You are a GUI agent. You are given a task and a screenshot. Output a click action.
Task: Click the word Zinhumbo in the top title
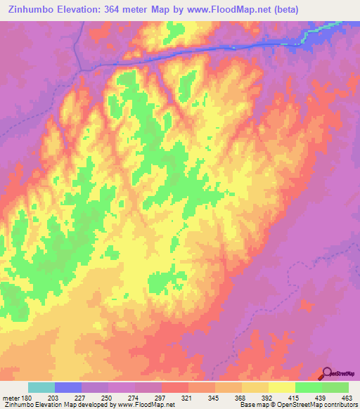click(x=29, y=10)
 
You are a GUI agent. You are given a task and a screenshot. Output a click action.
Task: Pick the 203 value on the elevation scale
click(x=52, y=398)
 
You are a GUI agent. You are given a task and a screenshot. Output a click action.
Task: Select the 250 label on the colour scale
click(x=105, y=398)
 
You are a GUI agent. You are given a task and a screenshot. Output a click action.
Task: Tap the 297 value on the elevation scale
click(x=160, y=398)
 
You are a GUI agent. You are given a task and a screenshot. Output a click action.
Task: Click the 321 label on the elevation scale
click(x=186, y=398)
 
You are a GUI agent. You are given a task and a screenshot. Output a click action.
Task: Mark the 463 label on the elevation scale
click(x=347, y=398)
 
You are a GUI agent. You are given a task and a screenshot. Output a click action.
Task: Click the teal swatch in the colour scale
click(x=41, y=387)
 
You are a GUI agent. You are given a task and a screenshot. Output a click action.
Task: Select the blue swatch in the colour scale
click(x=68, y=387)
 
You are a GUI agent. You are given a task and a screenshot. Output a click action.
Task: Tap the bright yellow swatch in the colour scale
click(x=282, y=387)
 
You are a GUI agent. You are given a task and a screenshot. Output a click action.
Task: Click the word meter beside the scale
click(x=11, y=398)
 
